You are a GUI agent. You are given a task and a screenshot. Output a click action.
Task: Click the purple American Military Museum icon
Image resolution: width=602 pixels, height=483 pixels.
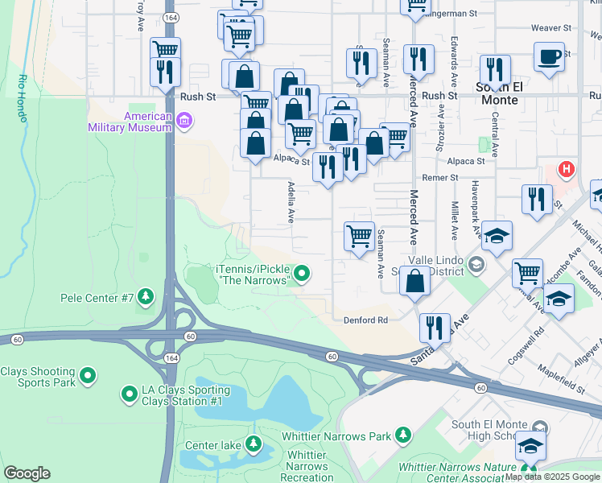coord(184,122)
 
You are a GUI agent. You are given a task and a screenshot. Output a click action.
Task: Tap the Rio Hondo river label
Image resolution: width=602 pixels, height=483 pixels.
coord(23,98)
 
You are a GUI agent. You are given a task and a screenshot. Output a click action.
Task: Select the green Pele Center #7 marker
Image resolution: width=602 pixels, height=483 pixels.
coord(146,298)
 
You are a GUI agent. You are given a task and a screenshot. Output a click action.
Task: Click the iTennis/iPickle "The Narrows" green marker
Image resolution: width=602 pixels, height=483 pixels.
coord(302,275)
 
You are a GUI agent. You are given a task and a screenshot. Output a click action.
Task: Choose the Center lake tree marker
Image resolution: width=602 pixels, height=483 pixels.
coord(254,444)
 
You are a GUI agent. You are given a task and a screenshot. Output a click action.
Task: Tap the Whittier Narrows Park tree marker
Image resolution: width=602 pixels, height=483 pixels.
coord(403,436)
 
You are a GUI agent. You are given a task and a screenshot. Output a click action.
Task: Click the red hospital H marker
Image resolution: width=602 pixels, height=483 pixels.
coord(567,170)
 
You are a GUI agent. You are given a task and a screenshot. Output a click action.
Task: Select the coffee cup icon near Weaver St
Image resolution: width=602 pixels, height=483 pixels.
coord(549,56)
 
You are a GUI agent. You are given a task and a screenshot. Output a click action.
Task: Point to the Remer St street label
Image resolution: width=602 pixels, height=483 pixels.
coord(442,177)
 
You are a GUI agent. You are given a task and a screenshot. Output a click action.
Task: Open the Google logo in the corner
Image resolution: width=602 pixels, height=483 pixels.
coord(27,473)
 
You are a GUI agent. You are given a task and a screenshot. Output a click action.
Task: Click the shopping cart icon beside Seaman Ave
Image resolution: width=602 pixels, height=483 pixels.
coord(359,237)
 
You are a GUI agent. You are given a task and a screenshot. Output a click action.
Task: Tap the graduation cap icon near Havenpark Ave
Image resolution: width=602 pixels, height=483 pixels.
coord(497,235)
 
